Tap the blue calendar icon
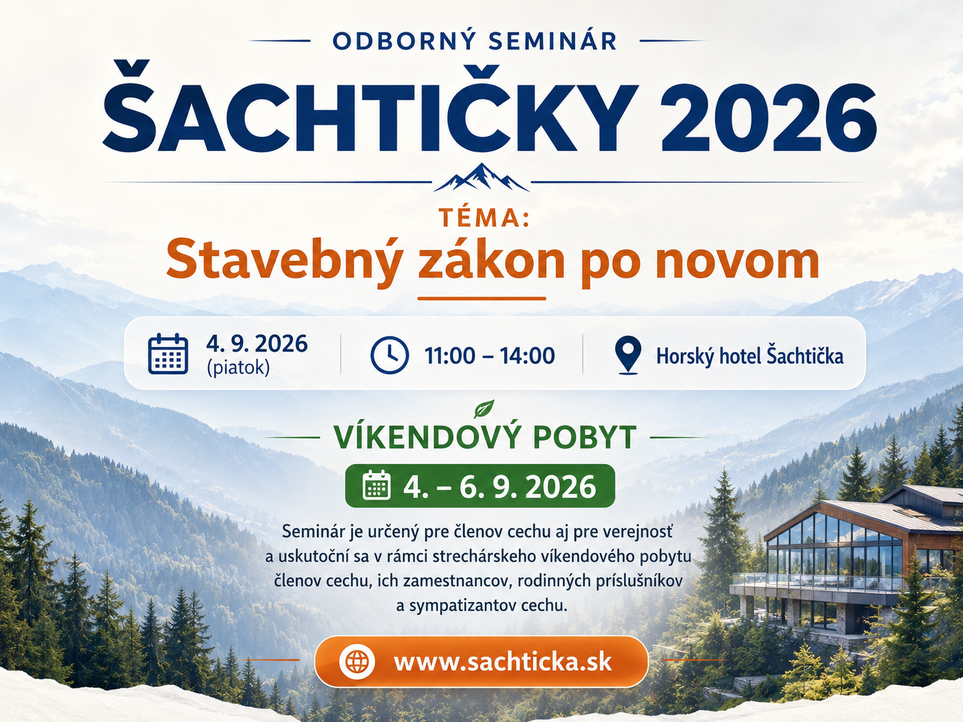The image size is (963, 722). pos(168,354)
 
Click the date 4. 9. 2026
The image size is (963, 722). pos(257,343)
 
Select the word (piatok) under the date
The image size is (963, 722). pos(238,368)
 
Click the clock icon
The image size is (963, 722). pos(390,354)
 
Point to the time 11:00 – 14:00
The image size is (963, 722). pos(489,356)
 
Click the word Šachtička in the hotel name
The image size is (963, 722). pos(805,356)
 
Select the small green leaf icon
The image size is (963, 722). pos(484,409)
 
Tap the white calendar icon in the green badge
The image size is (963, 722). pos(376,485)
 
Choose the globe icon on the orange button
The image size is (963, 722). pos(356,661)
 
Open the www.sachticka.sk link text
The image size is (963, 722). pos(502,662)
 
